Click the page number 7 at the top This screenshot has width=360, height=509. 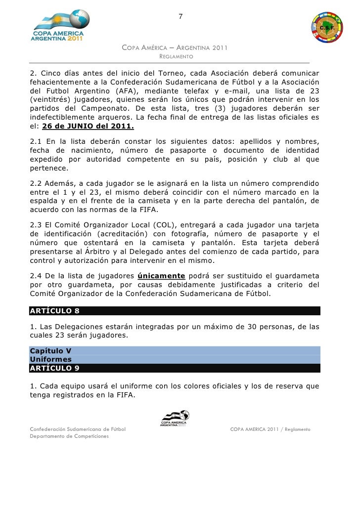pyautogui.click(x=180, y=18)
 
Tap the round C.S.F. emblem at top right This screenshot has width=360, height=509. pyautogui.click(x=328, y=28)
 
